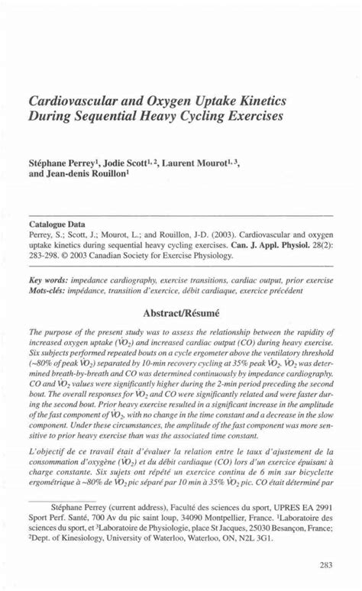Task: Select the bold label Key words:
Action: pyautogui.click(x=48, y=280)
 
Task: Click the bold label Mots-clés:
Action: pyautogui.click(x=48, y=291)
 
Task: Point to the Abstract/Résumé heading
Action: pyautogui.click(x=181, y=312)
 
